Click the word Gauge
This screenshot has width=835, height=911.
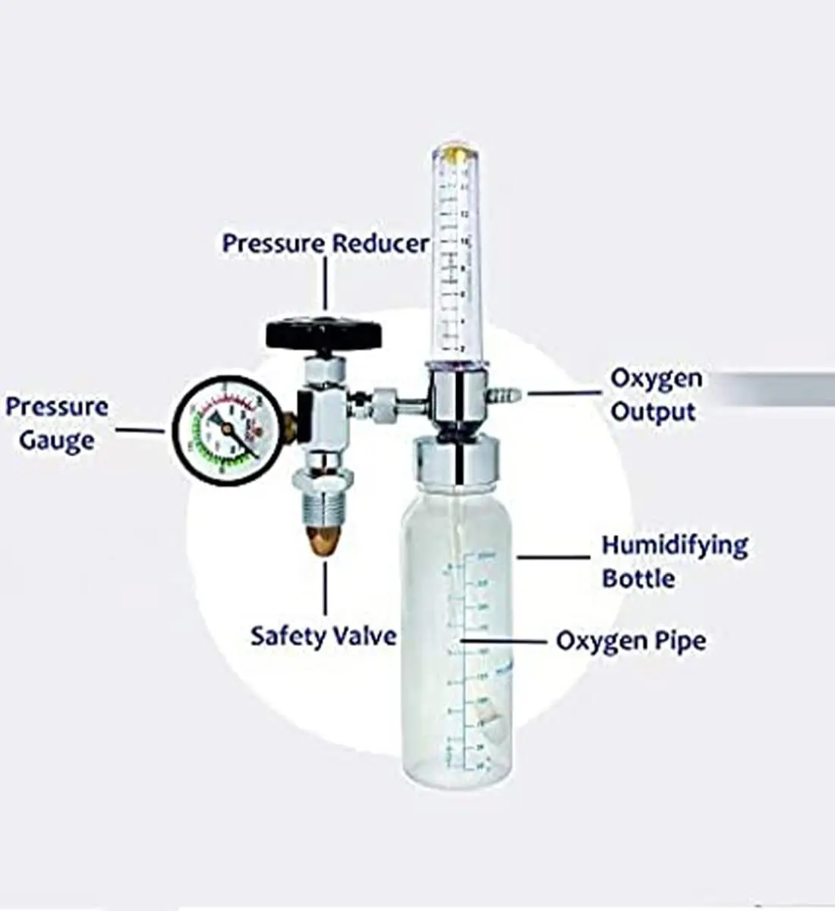57,440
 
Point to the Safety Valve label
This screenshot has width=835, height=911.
323,635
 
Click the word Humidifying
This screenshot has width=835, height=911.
675,545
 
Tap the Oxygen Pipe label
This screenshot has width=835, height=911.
631,641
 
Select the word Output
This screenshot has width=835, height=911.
653,412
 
